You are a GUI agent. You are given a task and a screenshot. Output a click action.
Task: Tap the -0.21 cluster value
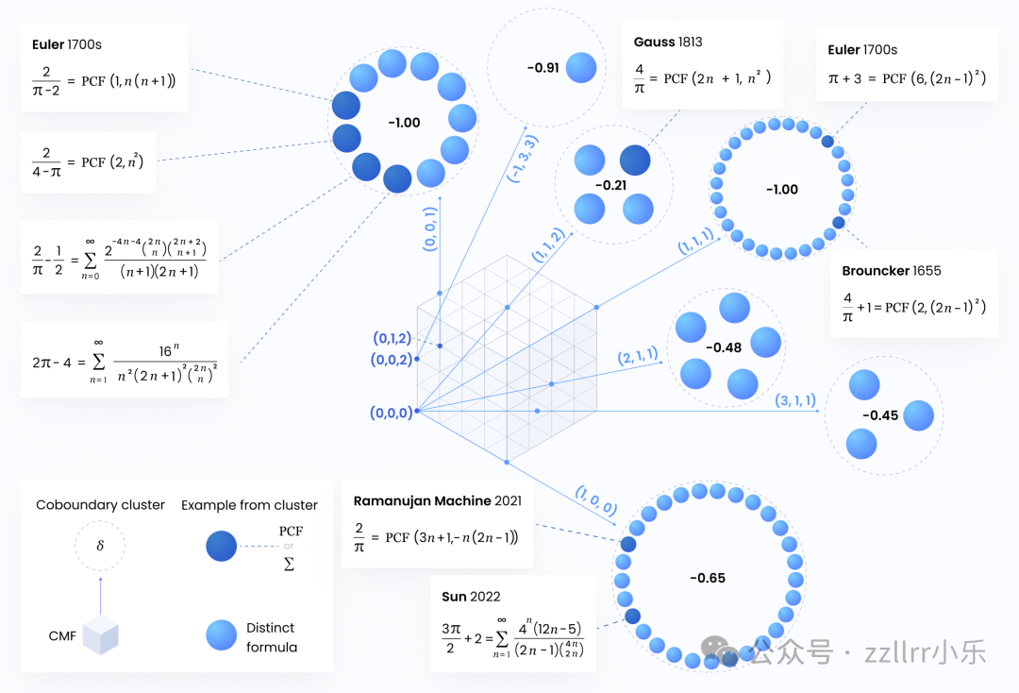coord(613,185)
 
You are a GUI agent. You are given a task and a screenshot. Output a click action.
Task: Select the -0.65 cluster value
coord(707,578)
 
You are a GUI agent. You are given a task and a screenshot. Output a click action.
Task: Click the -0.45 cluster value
coord(879,415)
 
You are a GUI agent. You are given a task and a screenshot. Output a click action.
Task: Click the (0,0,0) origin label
coord(391,413)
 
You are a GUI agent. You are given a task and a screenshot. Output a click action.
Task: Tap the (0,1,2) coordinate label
coord(392,338)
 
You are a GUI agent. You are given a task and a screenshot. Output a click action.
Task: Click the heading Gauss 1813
coord(668,42)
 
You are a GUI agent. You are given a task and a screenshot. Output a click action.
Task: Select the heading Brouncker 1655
coord(892,271)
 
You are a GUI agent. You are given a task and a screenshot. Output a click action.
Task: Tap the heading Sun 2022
coord(471,597)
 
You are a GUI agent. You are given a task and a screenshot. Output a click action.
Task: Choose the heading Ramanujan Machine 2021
coord(437,501)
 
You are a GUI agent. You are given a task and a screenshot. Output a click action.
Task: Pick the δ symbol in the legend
coord(99,546)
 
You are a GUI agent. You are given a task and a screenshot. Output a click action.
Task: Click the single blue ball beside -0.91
coord(580,68)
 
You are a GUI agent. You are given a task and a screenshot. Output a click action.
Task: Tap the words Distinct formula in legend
coord(271,637)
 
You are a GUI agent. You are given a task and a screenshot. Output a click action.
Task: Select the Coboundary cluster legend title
coord(100,505)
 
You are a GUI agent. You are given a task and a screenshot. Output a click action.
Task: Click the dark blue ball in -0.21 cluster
coord(634,160)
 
